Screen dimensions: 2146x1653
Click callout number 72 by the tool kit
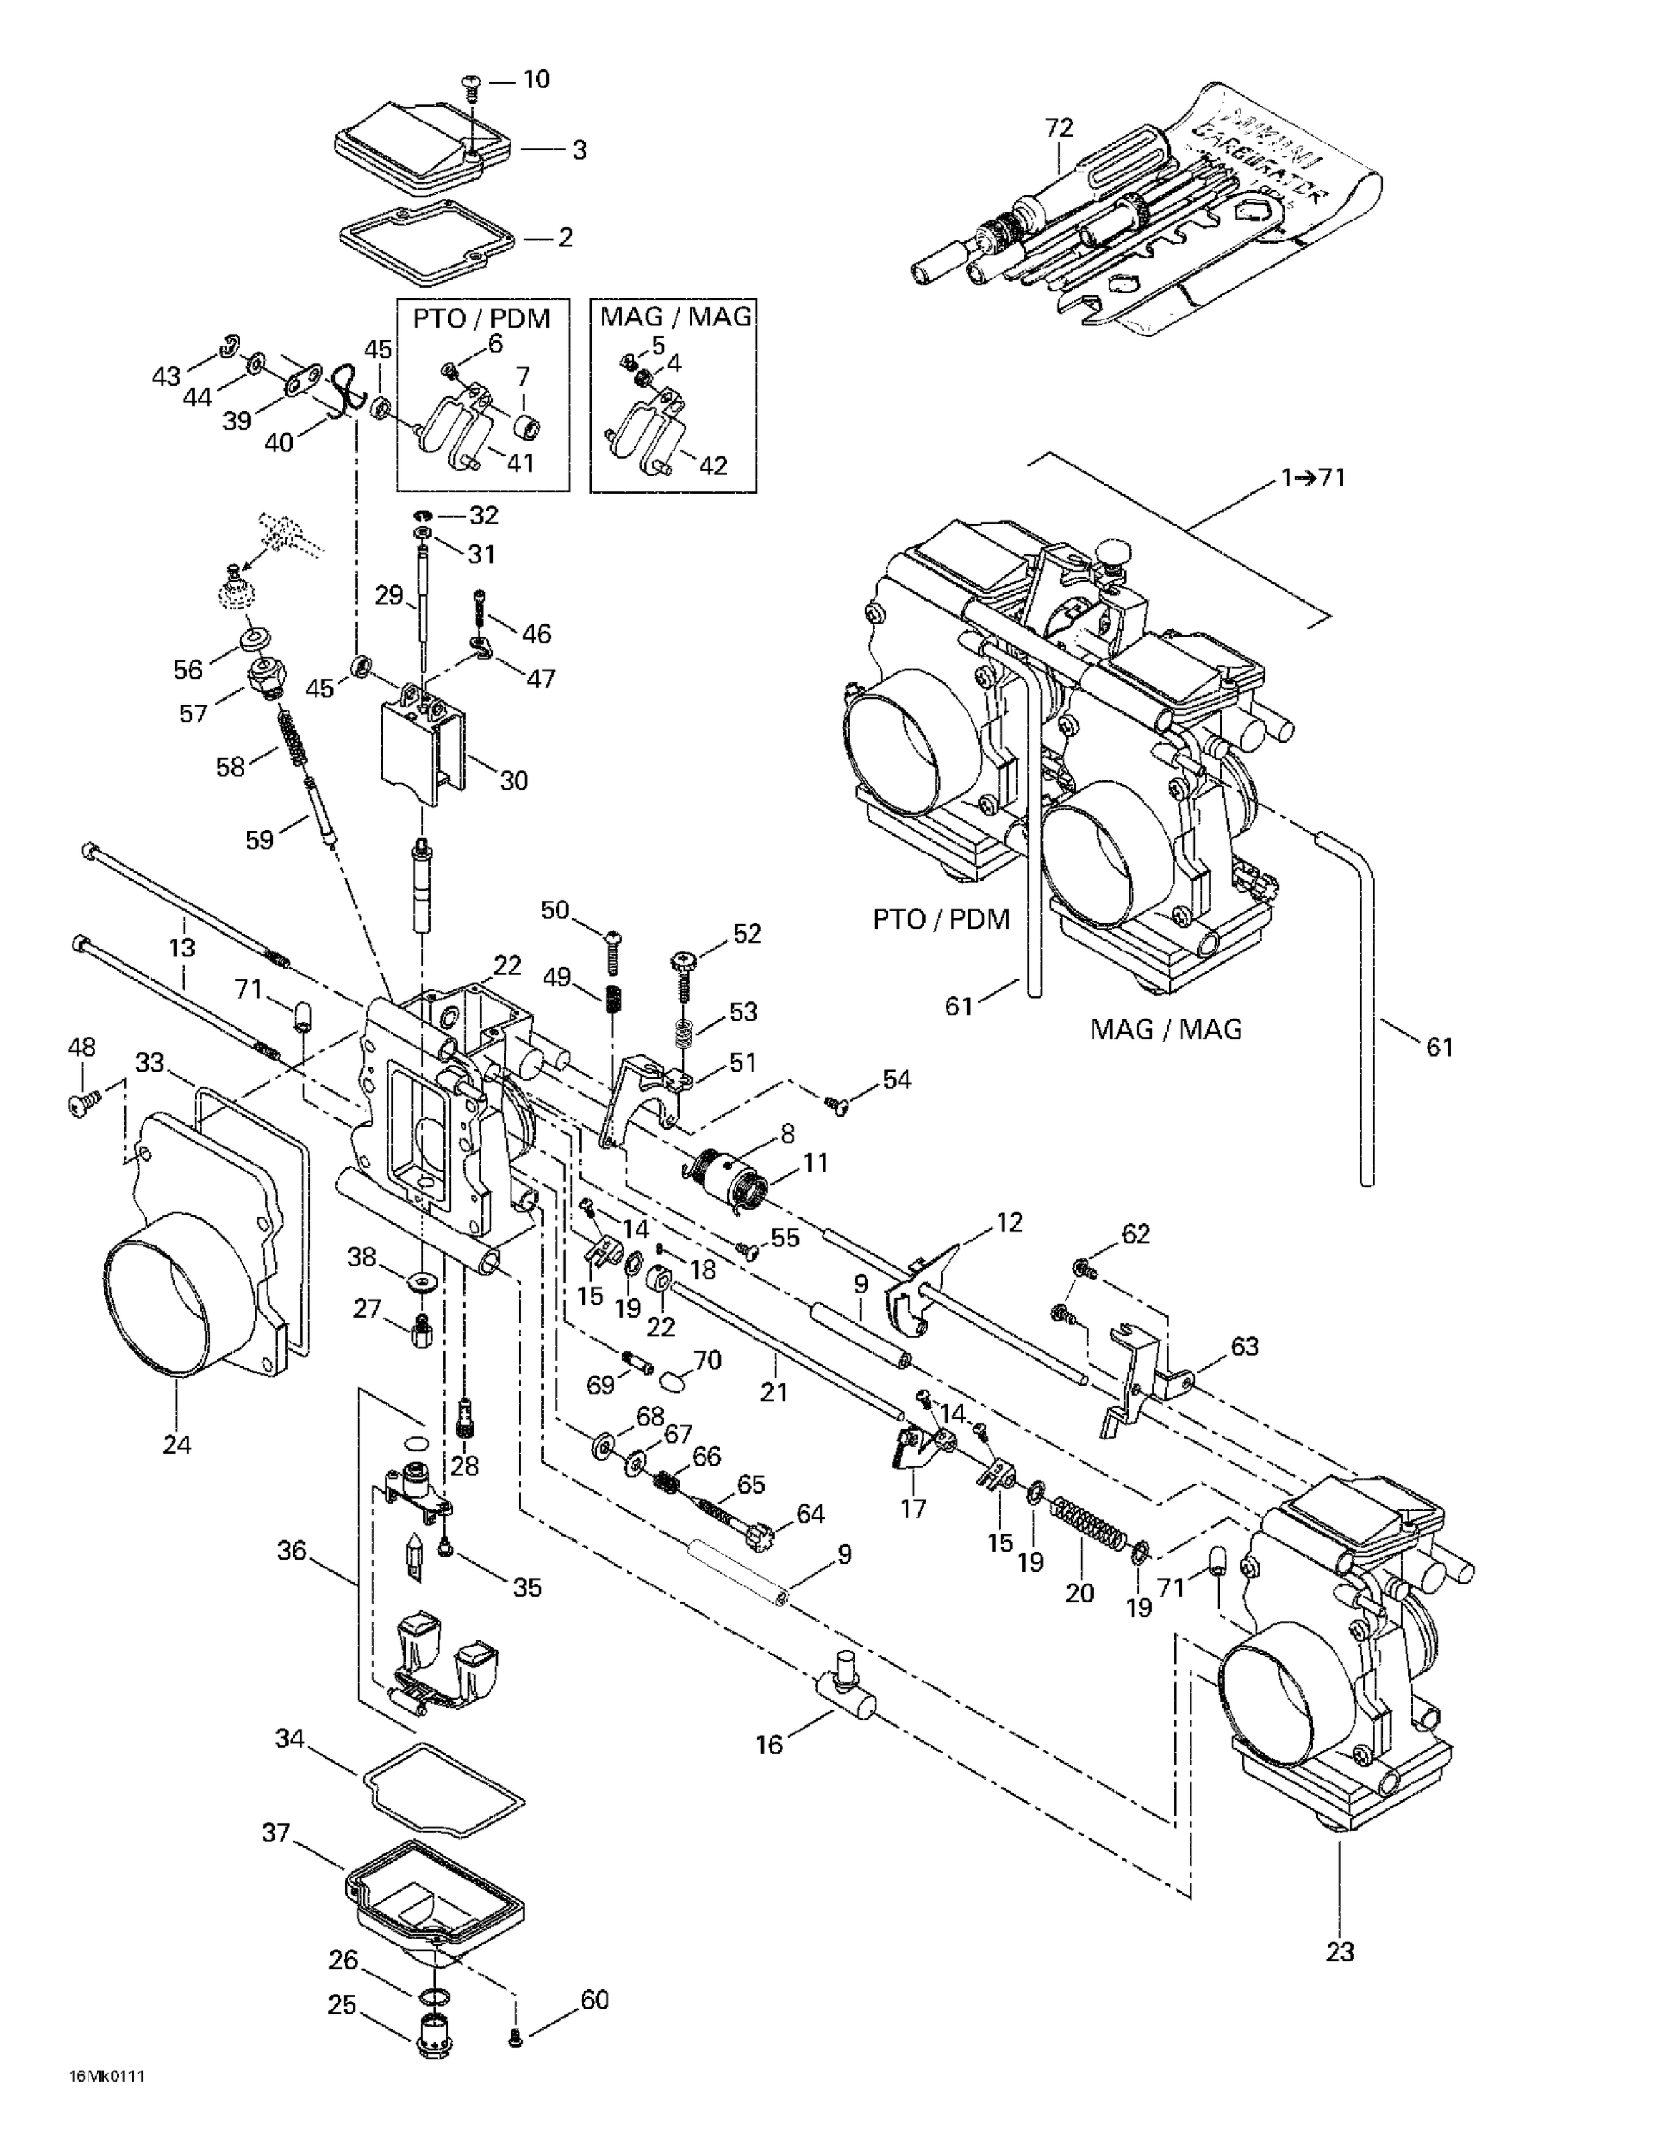coord(1059,128)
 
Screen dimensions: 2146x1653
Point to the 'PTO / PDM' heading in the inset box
coord(481,318)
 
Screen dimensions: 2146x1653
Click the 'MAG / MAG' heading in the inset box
coord(675,316)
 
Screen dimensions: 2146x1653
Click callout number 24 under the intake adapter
coord(177,1444)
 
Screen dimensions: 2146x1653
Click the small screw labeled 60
coord(515,2039)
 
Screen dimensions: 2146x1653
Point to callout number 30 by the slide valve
coord(513,780)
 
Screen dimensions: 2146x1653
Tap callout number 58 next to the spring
coord(230,766)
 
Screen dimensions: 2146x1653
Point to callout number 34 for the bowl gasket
coord(289,1738)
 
